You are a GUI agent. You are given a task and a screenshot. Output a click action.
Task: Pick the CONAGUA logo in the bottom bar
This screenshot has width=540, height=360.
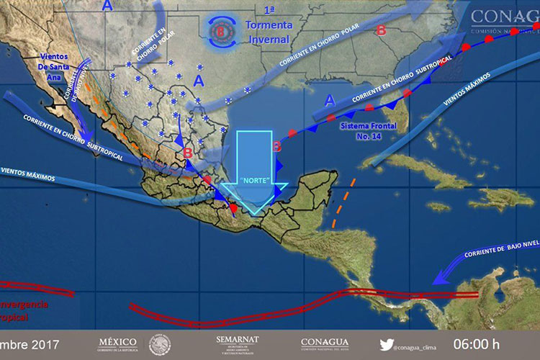(324, 343)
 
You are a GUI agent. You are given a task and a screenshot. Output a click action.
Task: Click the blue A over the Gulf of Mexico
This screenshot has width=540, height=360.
(330, 100)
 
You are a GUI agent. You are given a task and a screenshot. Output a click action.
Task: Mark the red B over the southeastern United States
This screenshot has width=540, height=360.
(381, 31)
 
